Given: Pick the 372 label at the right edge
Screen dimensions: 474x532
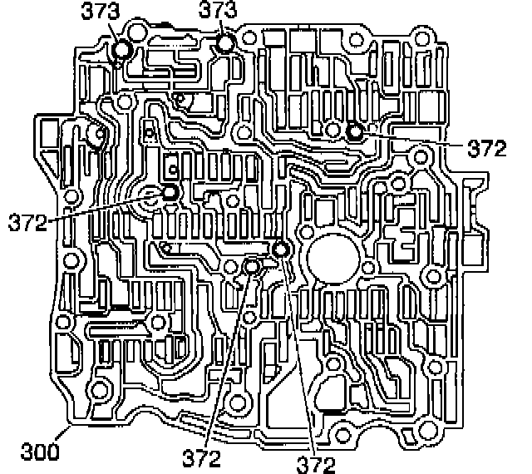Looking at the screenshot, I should [485, 149].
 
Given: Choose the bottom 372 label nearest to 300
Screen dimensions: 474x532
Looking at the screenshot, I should [202, 458].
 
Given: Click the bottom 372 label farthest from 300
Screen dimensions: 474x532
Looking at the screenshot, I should [316, 462].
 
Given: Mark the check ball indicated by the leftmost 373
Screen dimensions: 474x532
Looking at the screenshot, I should [121, 51].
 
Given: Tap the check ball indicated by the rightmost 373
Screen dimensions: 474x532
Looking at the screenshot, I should [224, 44].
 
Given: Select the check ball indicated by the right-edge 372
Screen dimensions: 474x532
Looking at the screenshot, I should [355, 131].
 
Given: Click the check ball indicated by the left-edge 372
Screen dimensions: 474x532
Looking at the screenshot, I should [170, 193].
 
